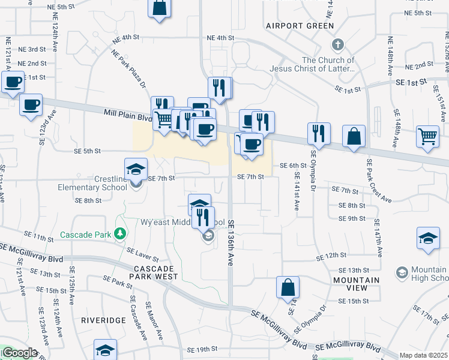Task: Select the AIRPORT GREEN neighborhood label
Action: (300, 26)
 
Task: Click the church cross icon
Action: (337, 45)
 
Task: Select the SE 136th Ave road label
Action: (230, 242)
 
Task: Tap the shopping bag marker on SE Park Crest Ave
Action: (354, 136)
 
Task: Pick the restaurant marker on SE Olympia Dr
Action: (319, 133)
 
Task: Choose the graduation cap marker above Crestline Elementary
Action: (136, 168)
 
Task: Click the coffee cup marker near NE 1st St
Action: (12, 82)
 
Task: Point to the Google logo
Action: (19, 353)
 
